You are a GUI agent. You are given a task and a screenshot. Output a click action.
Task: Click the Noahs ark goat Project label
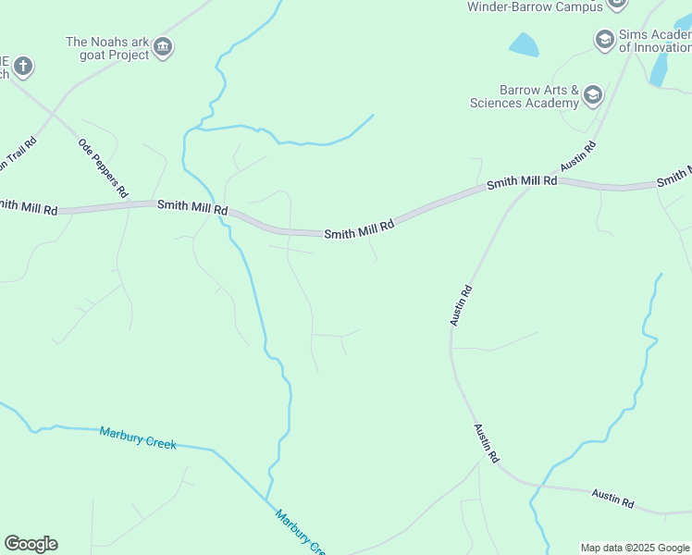(x=107, y=48)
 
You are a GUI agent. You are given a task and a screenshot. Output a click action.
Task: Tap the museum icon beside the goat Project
(x=163, y=46)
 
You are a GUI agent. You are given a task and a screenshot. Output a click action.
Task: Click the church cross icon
(x=23, y=67)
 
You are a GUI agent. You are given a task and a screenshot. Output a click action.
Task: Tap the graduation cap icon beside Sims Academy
(x=604, y=39)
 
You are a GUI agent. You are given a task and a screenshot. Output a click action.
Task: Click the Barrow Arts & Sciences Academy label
(x=525, y=96)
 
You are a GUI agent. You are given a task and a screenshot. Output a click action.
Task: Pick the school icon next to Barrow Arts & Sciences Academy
(x=592, y=94)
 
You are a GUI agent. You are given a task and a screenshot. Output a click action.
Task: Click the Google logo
(x=31, y=544)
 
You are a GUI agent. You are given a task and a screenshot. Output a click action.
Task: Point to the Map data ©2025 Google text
(x=636, y=548)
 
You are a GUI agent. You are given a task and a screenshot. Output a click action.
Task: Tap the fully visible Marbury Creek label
(x=138, y=438)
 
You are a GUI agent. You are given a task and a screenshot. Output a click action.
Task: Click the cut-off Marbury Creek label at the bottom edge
(x=301, y=533)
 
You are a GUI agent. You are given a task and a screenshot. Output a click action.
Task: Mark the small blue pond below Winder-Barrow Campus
(x=524, y=43)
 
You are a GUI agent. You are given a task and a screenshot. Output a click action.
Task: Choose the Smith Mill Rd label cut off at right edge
(x=673, y=177)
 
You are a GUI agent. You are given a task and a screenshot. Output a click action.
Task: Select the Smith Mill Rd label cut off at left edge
(x=29, y=208)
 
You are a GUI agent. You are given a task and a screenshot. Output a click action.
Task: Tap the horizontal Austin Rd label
(x=613, y=499)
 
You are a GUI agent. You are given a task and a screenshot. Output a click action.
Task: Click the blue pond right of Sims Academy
(x=660, y=68)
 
